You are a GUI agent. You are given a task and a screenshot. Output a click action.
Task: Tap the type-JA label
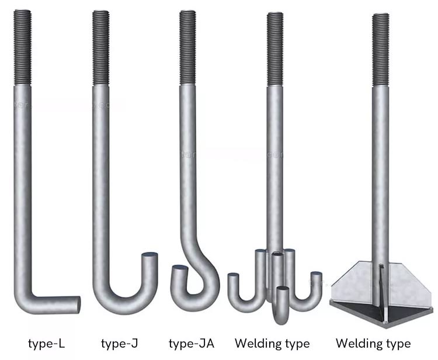coord(191,342)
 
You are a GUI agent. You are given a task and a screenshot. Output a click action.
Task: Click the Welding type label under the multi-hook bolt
coord(272,342)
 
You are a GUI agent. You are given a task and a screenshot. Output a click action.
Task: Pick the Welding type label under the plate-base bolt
coord(373,342)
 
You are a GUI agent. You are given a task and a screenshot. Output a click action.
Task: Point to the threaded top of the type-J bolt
coord(100,47)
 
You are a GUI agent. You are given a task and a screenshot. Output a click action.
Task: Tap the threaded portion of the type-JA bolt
coord(187,47)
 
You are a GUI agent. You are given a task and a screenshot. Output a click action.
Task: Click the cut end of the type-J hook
coord(150,257)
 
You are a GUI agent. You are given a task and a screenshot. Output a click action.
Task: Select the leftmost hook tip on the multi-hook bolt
coord(233,277)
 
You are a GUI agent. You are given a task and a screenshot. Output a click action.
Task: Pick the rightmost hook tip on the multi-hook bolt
coord(316,276)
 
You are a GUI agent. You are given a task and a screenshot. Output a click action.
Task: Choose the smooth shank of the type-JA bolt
coord(187,164)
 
